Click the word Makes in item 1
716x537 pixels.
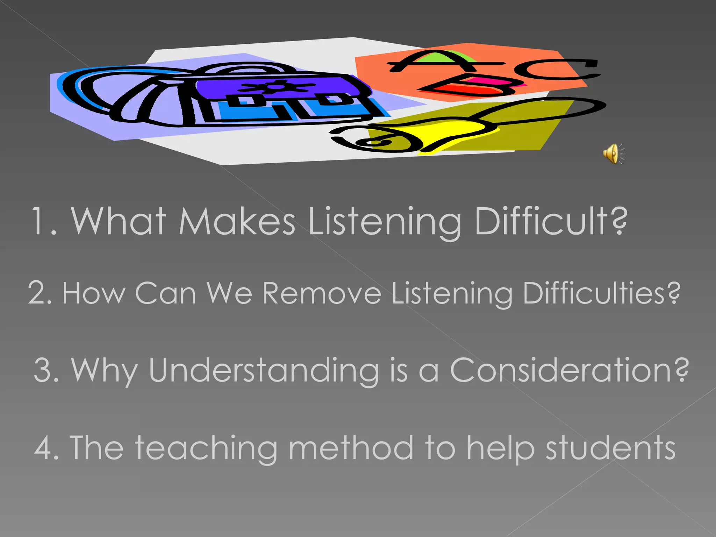(237, 221)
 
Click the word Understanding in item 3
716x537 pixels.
(264, 371)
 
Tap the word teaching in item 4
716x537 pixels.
(207, 448)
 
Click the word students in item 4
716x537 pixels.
(610, 448)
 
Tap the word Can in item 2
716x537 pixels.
(165, 294)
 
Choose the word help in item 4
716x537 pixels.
(501, 449)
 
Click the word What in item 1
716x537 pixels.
(119, 221)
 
